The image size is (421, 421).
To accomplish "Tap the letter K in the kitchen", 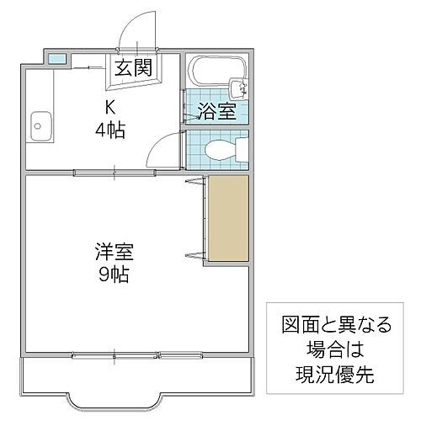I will tap(109, 108).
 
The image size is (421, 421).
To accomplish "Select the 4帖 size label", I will tap(109, 131).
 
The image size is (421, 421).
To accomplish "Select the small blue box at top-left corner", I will tap(56, 59).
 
